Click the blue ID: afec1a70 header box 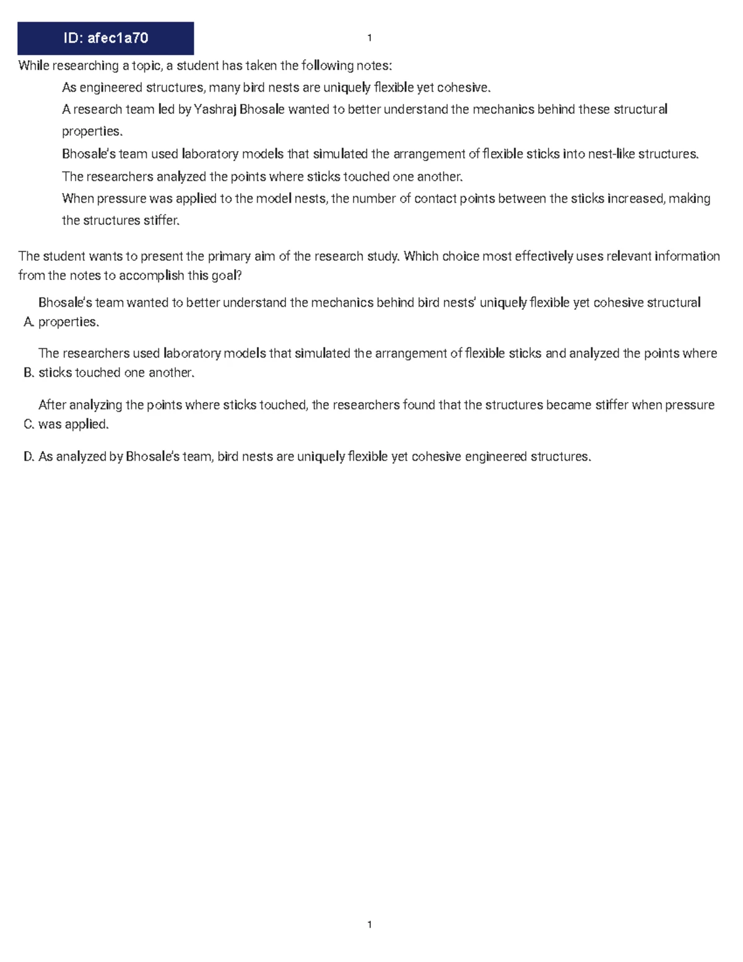105,38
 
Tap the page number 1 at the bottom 370,925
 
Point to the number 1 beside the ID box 370,38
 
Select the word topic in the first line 143,66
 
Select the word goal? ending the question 227,276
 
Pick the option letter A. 27,322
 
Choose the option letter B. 27,373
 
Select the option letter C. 27,424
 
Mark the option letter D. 28,457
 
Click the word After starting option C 52,405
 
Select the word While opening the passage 33,66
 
